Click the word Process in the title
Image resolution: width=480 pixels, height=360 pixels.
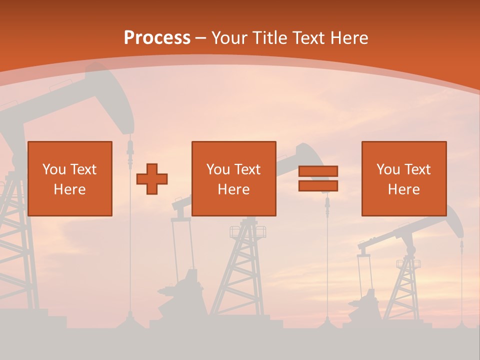click(157, 37)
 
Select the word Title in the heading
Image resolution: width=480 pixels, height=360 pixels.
click(269, 37)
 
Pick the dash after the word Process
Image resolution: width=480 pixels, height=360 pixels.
click(200, 38)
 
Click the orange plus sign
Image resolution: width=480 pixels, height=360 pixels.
click(152, 178)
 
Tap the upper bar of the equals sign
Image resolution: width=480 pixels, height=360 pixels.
click(318, 171)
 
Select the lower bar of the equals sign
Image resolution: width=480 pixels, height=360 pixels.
click(318, 186)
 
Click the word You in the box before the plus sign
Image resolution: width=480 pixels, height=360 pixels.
click(54, 169)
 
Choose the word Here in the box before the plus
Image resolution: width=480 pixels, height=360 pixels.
click(69, 189)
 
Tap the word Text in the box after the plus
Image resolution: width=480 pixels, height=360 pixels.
click(248, 169)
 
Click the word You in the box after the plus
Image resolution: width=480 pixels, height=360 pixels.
click(218, 169)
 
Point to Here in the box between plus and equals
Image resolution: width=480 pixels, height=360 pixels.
click(233, 189)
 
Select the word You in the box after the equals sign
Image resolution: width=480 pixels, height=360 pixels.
click(388, 169)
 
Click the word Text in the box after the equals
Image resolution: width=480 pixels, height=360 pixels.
click(418, 169)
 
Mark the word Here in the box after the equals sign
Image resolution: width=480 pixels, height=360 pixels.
click(403, 189)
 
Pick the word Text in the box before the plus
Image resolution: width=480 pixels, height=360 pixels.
click(84, 169)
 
